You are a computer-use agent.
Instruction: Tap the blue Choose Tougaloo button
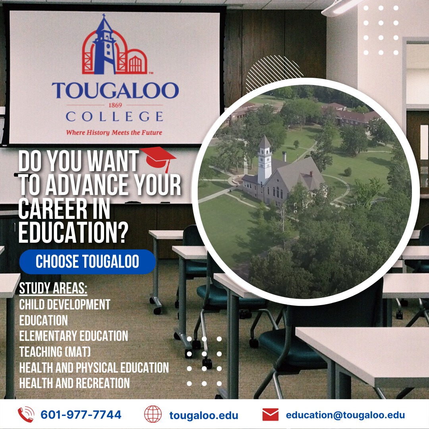tap(87, 262)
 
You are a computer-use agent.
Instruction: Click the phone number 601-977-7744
tap(81, 415)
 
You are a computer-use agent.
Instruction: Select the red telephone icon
tap(26, 415)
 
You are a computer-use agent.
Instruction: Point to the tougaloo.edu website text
tap(204, 415)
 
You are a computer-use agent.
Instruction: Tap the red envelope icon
tap(270, 415)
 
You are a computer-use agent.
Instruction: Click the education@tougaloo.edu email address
tap(345, 415)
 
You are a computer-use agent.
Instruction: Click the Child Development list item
tap(65, 305)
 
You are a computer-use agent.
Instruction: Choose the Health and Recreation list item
tap(74, 383)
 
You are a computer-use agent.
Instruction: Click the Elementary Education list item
tap(73, 336)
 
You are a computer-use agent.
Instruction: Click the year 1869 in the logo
tap(115, 105)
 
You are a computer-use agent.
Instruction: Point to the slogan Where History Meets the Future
tap(114, 132)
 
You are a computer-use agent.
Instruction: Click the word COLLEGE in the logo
tap(114, 117)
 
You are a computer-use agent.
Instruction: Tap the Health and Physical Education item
tap(94, 367)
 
